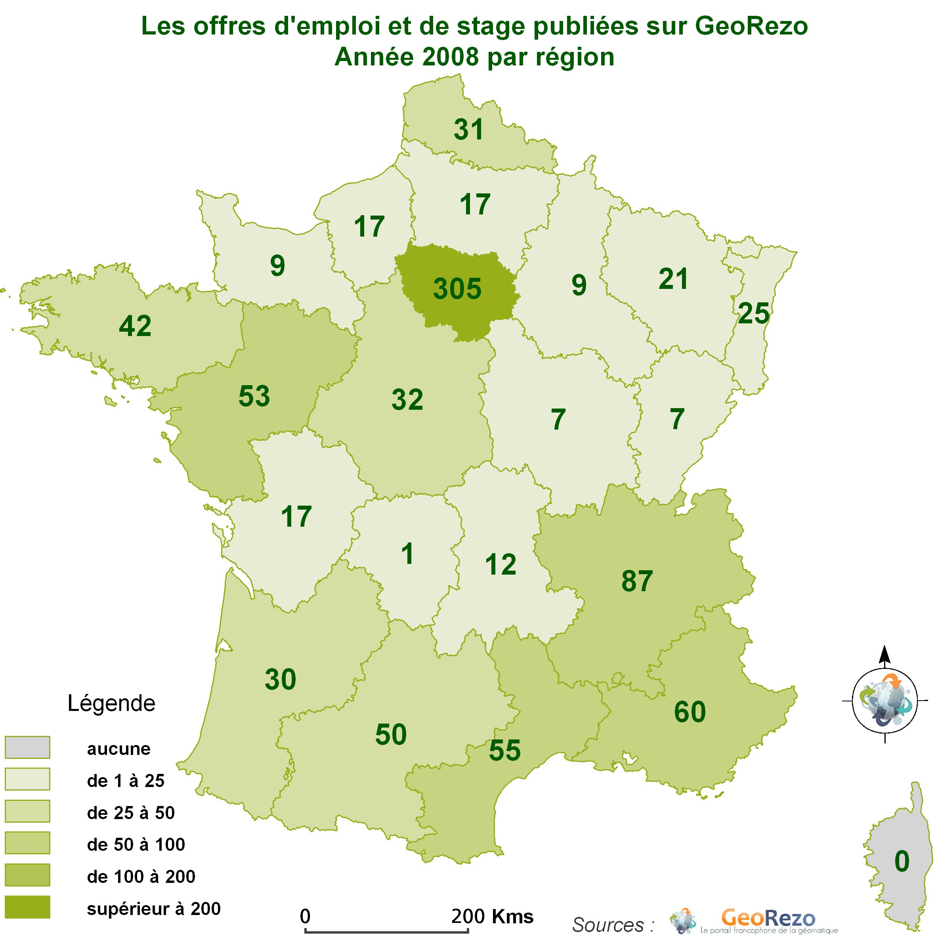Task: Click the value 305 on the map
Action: (x=457, y=289)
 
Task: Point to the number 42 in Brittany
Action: (x=135, y=326)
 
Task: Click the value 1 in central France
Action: (x=407, y=554)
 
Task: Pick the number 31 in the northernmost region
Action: (x=468, y=130)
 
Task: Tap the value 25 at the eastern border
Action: (x=753, y=313)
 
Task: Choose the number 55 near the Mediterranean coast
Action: (x=504, y=751)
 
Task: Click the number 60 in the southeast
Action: (x=690, y=712)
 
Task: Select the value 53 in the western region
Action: (x=254, y=396)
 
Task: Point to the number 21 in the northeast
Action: (x=673, y=279)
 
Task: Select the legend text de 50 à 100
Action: (x=136, y=844)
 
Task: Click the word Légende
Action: (x=111, y=703)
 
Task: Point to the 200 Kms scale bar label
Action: (x=492, y=916)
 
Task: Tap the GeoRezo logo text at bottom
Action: (x=768, y=918)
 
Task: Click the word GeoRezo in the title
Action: (x=751, y=26)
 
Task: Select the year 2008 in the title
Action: (x=450, y=57)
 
